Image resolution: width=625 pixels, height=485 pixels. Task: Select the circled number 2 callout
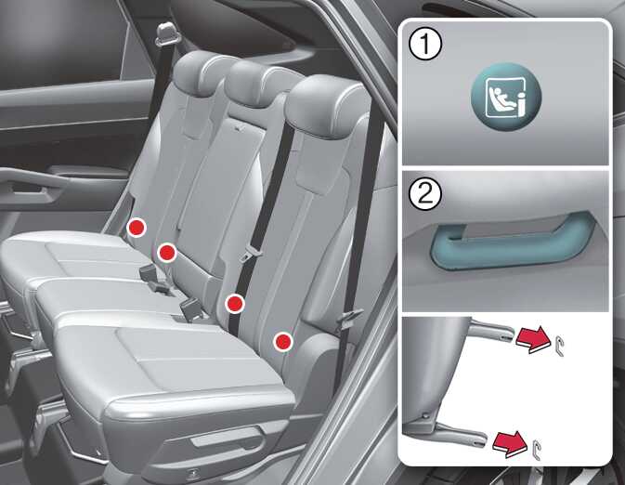point(425,195)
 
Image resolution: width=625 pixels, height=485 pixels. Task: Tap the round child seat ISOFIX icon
point(506,97)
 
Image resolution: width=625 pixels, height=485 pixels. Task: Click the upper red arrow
point(532,339)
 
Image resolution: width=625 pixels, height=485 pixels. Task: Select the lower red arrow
point(510,442)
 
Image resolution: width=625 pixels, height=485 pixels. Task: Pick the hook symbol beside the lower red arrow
point(537,450)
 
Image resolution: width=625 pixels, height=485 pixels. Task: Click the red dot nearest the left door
point(137,228)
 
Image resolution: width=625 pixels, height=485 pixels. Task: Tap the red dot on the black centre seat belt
point(235,304)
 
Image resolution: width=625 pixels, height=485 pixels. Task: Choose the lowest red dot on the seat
point(283,341)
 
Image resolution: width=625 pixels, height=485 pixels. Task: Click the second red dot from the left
point(166,253)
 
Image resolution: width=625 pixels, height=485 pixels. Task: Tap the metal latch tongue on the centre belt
point(248,252)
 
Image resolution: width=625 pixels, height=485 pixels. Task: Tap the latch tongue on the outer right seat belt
point(349,316)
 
